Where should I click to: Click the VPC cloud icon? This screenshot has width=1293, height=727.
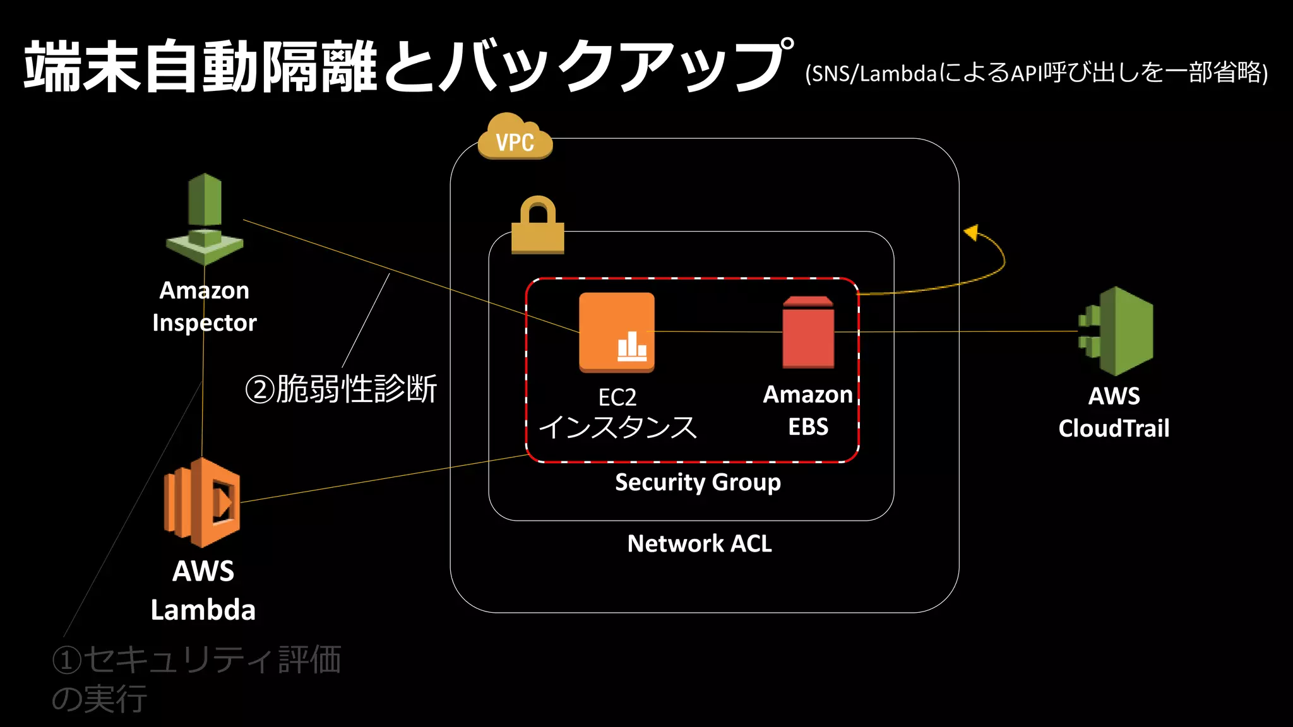[x=515, y=138]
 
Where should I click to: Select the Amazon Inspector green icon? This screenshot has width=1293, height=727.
[x=205, y=218]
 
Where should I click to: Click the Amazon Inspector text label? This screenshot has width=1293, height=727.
[x=205, y=307]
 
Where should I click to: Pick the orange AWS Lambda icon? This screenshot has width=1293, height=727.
[x=202, y=502]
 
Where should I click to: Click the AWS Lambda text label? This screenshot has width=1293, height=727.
[x=203, y=591]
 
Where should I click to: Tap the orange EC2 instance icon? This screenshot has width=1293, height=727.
[x=617, y=332]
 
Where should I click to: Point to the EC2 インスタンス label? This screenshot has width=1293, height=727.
[x=617, y=414]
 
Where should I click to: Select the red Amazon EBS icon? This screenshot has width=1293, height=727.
[x=808, y=333]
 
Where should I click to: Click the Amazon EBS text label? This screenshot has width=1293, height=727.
[x=808, y=411]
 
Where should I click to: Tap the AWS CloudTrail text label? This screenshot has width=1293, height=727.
[x=1114, y=412]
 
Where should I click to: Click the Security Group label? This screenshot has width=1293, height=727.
[x=698, y=482]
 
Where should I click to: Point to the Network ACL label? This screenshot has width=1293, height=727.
[x=700, y=543]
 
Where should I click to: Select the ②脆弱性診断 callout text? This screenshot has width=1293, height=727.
[x=341, y=389]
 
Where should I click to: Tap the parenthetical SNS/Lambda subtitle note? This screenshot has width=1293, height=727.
[x=1036, y=73]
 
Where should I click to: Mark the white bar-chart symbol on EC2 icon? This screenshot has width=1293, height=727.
[x=632, y=347]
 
